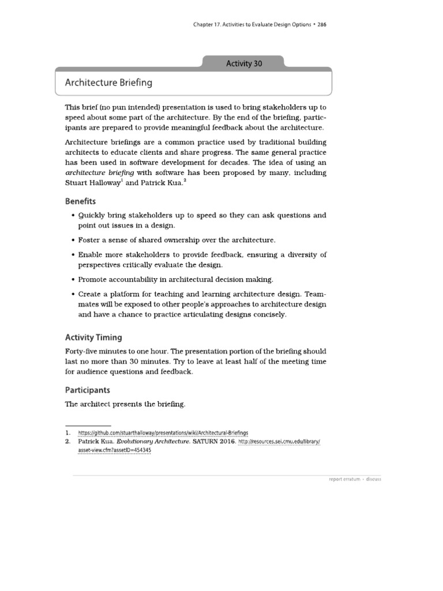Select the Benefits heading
tap(80, 201)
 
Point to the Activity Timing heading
tap(93, 337)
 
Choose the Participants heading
tap(87, 390)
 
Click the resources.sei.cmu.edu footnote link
tap(279, 442)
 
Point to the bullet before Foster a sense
tap(73, 240)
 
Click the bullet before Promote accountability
tap(73, 279)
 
